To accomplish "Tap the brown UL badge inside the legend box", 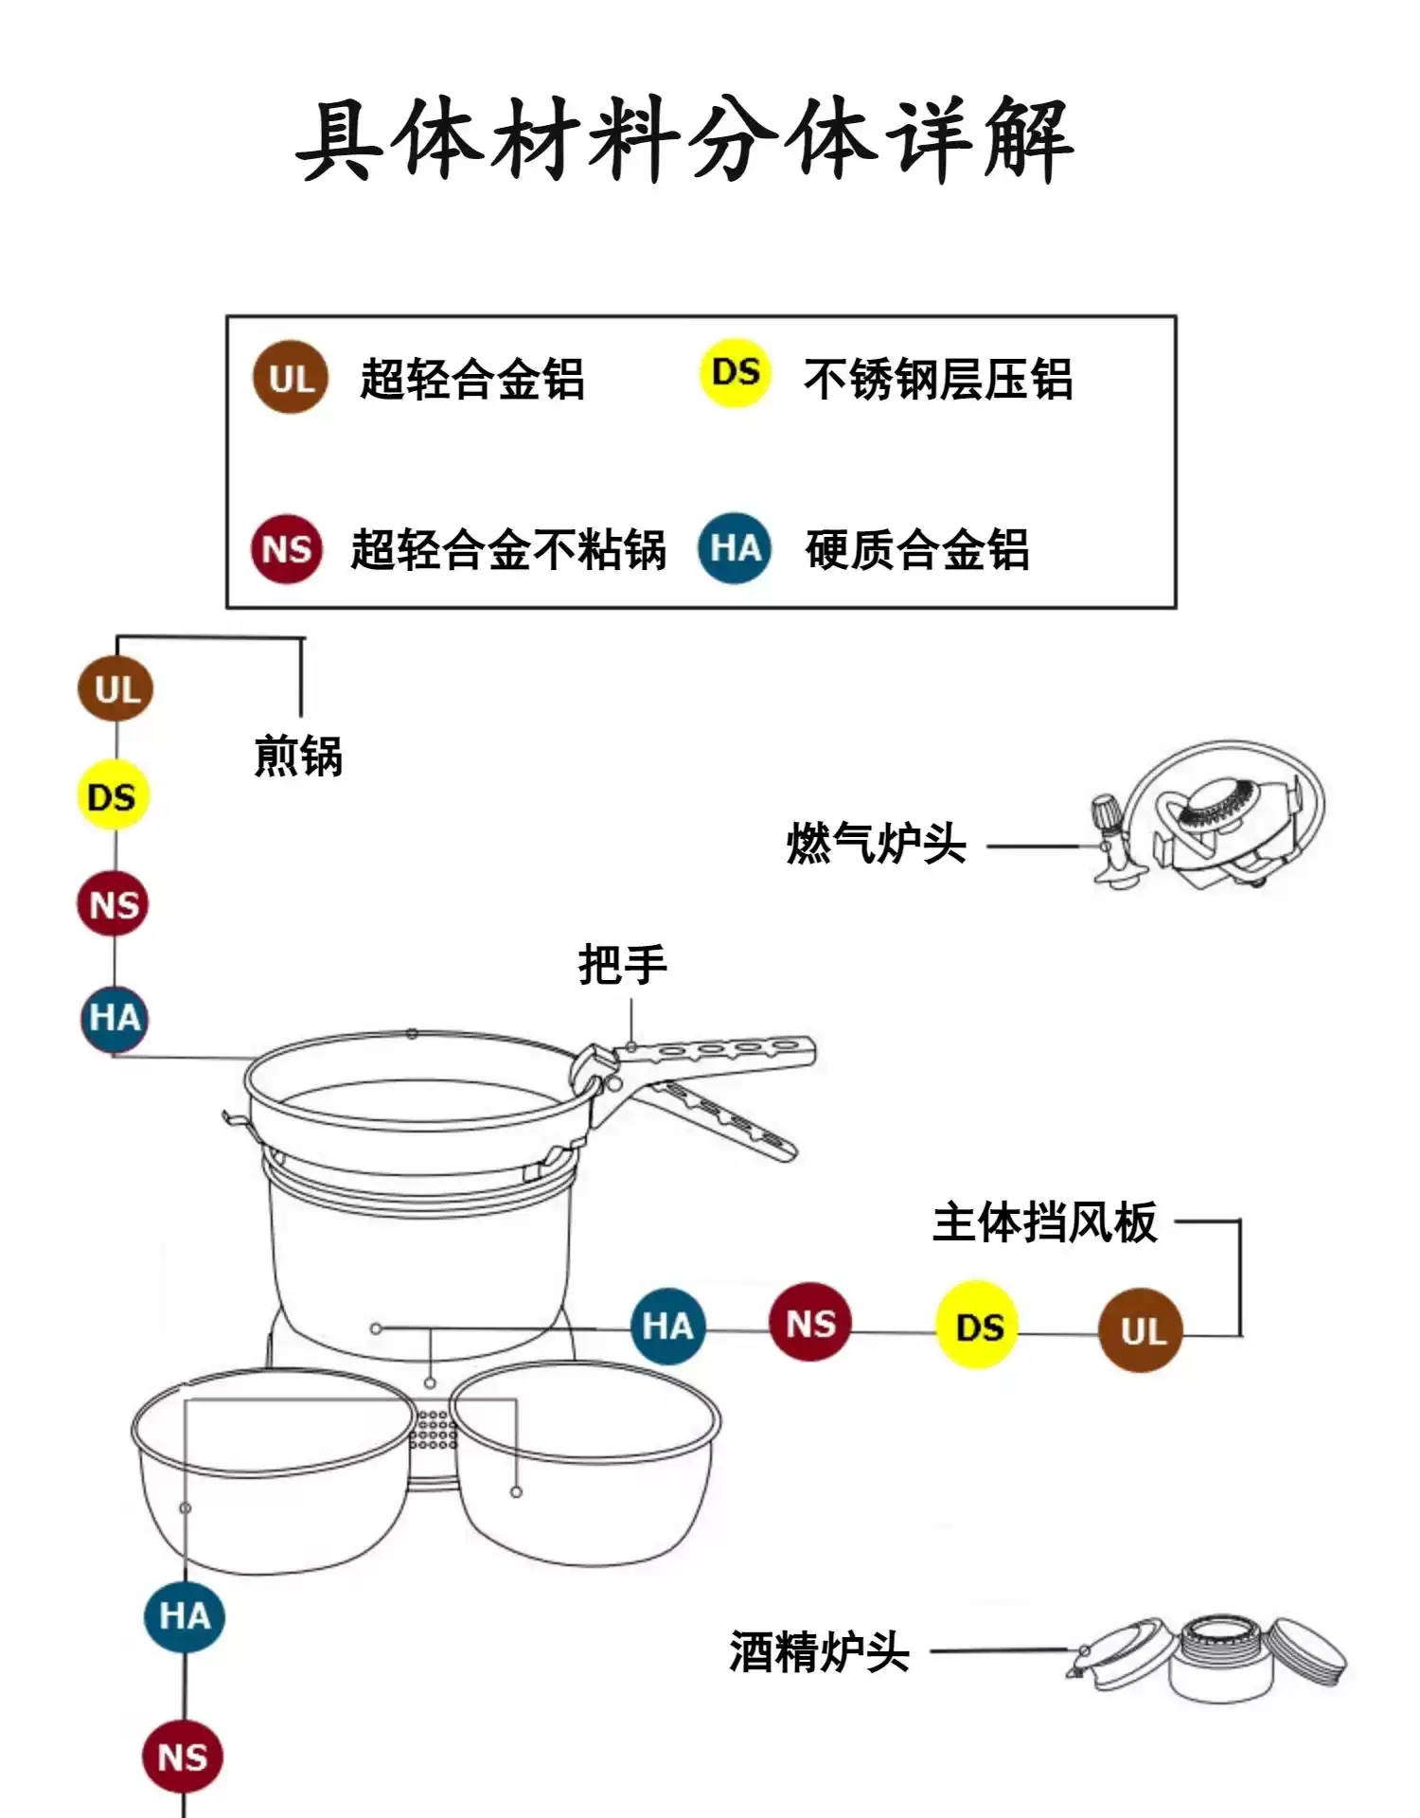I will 290,378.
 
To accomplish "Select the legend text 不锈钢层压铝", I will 937,380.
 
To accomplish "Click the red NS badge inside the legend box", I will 287,549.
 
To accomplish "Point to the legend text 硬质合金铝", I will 916,550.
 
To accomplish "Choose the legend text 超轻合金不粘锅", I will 508,550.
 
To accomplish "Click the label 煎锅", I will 298,757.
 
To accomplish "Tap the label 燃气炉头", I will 876,844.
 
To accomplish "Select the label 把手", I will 622,965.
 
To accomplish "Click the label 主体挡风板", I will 1044,1222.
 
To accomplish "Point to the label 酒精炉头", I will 819,1652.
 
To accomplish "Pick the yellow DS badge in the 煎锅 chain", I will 113,795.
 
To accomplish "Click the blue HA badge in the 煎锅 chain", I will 115,1018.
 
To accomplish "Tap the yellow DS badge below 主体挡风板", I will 978,1326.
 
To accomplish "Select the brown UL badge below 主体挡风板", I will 1141,1330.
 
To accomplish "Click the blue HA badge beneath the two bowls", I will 184,1616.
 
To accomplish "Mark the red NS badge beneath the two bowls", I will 182,1758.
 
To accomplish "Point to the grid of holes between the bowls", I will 434,1428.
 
